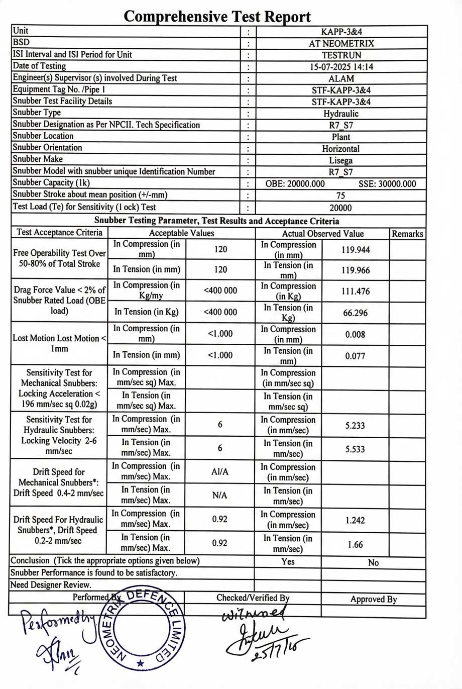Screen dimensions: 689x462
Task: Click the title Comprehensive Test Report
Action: [x=217, y=16]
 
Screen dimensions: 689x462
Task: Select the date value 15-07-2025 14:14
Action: [x=341, y=67]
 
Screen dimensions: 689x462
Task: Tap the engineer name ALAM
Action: [x=341, y=78]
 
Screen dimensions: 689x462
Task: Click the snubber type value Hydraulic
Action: [x=341, y=114]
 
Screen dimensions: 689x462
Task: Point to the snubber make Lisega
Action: [x=341, y=160]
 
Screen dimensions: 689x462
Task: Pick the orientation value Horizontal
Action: [x=341, y=149]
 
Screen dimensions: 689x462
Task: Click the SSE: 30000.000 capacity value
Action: [x=387, y=184]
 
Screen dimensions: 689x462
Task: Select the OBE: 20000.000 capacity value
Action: [x=295, y=184]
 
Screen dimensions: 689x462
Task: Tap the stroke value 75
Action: [x=341, y=195]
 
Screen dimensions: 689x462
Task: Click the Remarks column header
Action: [x=407, y=234]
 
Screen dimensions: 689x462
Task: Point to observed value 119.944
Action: [x=356, y=249]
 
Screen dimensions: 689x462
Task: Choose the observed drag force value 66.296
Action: [x=356, y=313]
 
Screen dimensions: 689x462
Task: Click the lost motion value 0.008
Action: [x=356, y=334]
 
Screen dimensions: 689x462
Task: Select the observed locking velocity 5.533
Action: [x=355, y=449]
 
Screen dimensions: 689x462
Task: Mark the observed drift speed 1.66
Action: [x=355, y=544]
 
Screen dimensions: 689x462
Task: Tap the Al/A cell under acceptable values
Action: [x=220, y=471]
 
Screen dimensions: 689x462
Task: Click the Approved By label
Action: [x=374, y=599]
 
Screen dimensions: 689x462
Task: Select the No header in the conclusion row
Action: [x=373, y=562]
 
